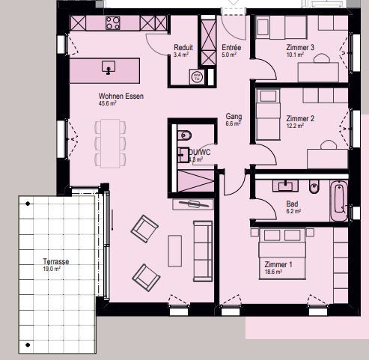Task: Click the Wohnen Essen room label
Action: [x=121, y=97]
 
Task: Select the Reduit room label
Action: [x=183, y=47]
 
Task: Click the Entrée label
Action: [x=231, y=47]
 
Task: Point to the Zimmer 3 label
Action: [x=300, y=48]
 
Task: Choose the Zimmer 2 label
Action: [x=300, y=118]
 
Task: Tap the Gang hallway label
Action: [x=234, y=117]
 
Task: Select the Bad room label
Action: [x=292, y=204]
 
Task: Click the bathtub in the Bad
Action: [x=338, y=200]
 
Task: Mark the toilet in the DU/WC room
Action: [x=187, y=135]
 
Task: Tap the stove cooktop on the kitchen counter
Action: [x=113, y=23]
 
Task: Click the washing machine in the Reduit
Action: [x=197, y=76]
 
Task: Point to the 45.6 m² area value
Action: [x=109, y=104]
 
